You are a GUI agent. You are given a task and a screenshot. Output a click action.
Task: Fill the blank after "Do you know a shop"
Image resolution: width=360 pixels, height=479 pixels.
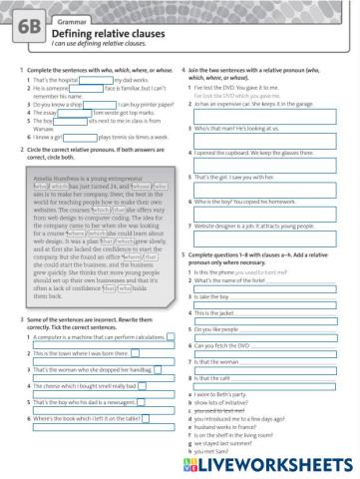point(101,104)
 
